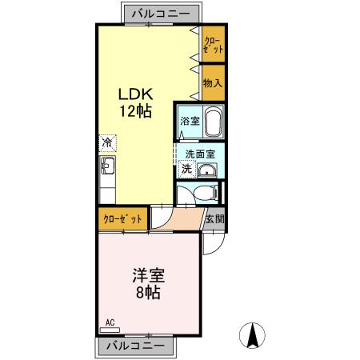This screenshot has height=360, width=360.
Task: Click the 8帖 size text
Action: (148, 294)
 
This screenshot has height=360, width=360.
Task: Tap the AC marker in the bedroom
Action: (110, 324)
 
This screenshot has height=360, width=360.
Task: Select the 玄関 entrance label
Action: (214, 218)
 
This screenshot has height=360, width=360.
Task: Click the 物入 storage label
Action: (213, 82)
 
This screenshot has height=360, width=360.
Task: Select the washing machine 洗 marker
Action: (186, 169)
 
